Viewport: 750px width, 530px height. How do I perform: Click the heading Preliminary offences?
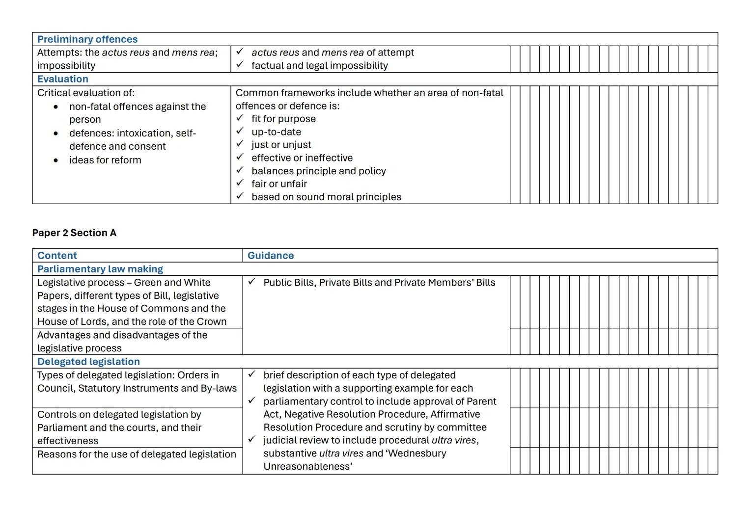(87, 39)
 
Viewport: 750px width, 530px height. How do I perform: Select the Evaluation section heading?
(63, 79)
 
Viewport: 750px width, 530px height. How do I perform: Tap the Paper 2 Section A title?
(74, 233)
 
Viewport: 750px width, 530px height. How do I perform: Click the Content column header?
(57, 255)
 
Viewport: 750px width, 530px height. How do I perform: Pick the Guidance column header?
(271, 255)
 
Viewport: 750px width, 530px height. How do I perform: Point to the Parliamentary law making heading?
(100, 269)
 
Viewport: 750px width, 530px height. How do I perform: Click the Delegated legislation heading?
(88, 362)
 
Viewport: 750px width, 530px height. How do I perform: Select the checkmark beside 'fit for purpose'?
(240, 118)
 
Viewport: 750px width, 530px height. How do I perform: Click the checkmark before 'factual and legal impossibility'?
(240, 65)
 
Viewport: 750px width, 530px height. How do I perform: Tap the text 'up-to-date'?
(276, 132)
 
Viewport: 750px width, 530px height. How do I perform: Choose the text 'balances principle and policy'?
(318, 171)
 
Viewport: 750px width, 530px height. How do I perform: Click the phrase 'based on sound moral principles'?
(326, 197)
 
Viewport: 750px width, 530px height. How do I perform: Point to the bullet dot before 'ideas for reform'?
(56, 160)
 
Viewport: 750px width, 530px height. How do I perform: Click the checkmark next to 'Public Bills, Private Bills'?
(251, 282)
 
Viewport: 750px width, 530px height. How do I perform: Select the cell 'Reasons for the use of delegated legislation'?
(137, 454)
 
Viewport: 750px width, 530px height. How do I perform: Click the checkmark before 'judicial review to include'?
(251, 440)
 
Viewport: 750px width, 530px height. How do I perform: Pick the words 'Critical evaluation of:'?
(86, 93)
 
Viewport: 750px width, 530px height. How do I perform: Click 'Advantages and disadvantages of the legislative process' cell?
(122, 342)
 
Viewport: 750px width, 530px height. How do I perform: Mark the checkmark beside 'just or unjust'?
(240, 144)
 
